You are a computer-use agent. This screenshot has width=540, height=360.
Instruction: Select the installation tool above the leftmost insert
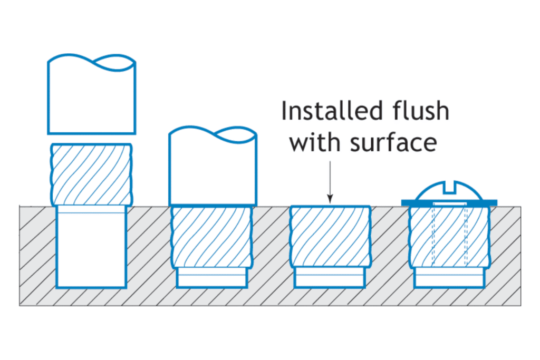click(91, 98)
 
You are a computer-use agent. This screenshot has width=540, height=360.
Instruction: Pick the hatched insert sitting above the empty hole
click(91, 174)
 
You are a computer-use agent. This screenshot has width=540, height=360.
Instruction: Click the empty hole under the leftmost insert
click(91, 248)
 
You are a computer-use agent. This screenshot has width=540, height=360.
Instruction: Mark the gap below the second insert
click(212, 278)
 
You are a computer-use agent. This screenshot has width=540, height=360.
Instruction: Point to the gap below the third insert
click(330, 278)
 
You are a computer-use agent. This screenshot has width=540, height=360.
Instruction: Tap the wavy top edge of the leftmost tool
click(91, 60)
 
